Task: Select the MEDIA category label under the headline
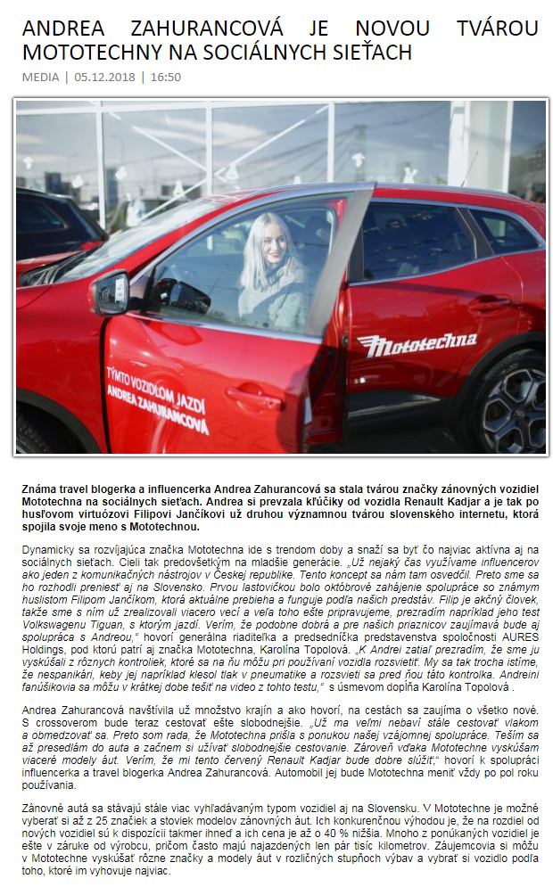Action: (40, 77)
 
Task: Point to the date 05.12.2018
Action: (104, 77)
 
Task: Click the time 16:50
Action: (165, 77)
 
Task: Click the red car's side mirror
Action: (111, 292)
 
